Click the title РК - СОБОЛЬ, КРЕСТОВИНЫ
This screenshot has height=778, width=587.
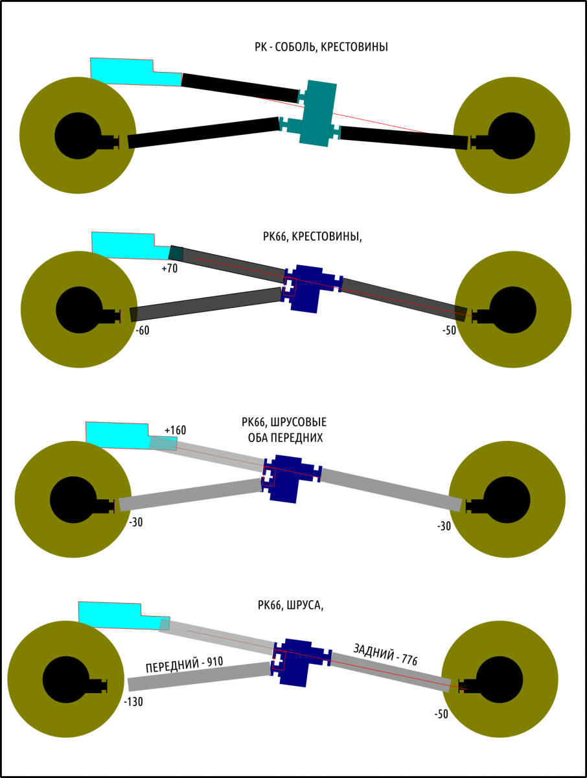(x=321, y=47)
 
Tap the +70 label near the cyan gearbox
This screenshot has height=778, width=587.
(x=170, y=268)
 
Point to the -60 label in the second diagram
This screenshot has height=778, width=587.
(x=143, y=330)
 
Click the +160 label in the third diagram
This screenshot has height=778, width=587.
(x=175, y=430)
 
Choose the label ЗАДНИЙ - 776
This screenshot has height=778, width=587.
(x=385, y=654)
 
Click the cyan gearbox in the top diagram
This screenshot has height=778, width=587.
(x=130, y=71)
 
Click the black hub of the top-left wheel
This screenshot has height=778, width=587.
(x=77, y=136)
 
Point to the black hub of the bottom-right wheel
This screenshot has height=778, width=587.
(x=500, y=679)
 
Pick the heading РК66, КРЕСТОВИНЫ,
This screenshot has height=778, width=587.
(x=313, y=237)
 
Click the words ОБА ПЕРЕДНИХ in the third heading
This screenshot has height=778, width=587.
(x=286, y=438)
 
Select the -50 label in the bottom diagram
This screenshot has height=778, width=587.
(x=441, y=714)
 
